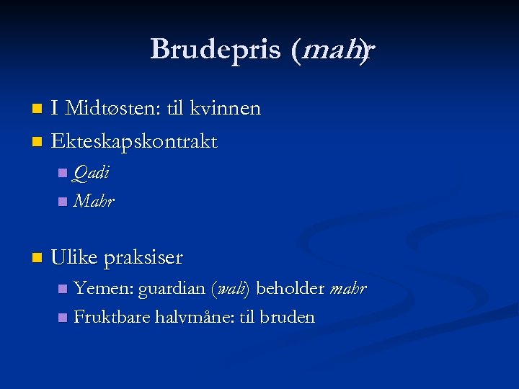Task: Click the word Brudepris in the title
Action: point(216,50)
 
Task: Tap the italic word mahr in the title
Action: point(336,50)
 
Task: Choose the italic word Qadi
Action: point(92,173)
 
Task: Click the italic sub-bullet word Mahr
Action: point(94,201)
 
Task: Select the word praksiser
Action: point(143,257)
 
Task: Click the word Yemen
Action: point(103,289)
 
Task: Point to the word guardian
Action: point(172,289)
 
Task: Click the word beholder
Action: point(290,289)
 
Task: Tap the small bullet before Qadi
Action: point(63,173)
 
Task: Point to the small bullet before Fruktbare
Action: point(63,318)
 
